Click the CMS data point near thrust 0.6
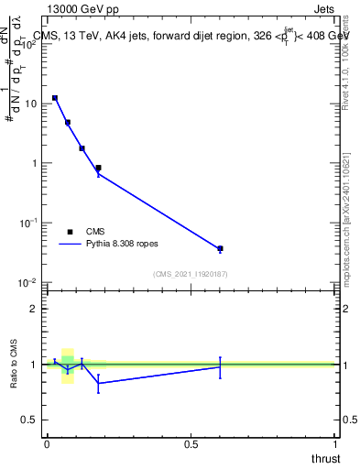click(220, 248)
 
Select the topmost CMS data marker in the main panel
click(55, 98)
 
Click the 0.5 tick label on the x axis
click(191, 444)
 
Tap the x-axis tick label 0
click(47, 444)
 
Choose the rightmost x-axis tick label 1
click(335, 444)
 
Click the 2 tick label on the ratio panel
click(34, 309)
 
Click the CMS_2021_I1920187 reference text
click(191, 274)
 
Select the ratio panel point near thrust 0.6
click(220, 366)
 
